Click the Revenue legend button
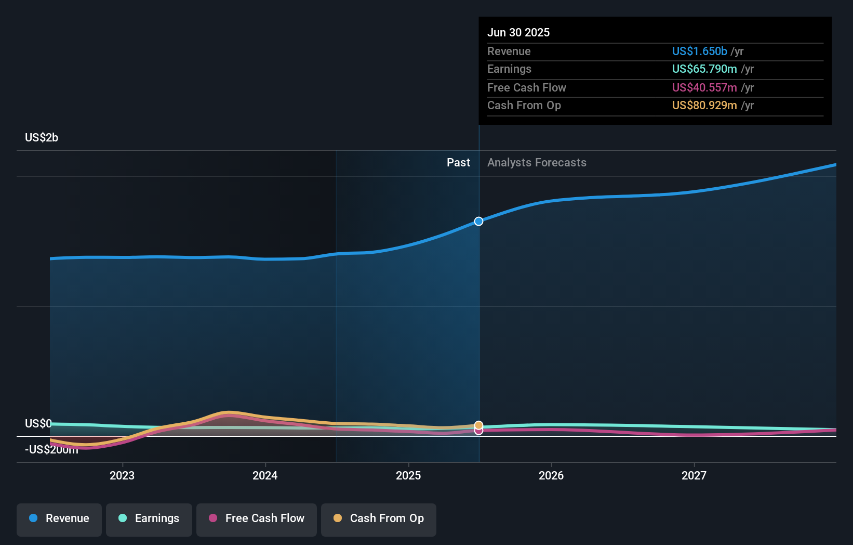[x=59, y=518]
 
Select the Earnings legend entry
[x=149, y=518]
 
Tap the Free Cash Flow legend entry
[x=257, y=518]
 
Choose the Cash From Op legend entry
[x=379, y=518]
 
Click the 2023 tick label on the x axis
[x=122, y=476]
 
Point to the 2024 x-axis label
[x=265, y=476]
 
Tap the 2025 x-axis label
[x=408, y=476]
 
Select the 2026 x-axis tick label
[x=551, y=476]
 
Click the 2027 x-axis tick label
[x=694, y=476]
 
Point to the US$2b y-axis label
[x=42, y=138]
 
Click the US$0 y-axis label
[x=38, y=424]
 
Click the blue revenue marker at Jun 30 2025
[x=478, y=222]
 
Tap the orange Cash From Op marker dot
[x=478, y=425]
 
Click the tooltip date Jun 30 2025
[x=518, y=33]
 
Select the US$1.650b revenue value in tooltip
[x=699, y=51]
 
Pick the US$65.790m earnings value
[x=704, y=69]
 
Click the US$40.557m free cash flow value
[x=704, y=88]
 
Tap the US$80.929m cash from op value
[x=704, y=106]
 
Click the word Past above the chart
[x=458, y=163]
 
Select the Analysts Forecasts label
[x=537, y=163]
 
